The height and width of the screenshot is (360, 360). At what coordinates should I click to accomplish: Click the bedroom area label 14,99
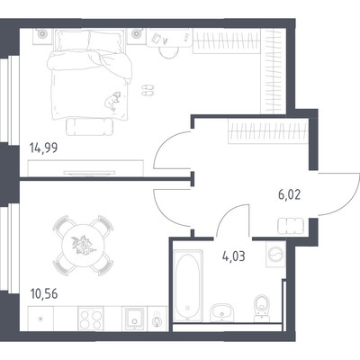coord(43,148)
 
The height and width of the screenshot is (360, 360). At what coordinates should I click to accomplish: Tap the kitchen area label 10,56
coord(44,294)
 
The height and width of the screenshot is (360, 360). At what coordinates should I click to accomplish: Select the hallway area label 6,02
coord(290,195)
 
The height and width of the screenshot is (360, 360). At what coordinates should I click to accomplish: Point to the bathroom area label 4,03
coord(234,256)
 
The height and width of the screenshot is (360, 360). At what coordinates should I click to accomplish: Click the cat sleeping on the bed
coord(112,101)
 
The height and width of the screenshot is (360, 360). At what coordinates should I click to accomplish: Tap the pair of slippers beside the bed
coord(148,90)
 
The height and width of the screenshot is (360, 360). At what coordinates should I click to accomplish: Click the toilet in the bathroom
coord(262,307)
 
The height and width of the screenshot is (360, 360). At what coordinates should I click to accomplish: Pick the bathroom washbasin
coord(221,312)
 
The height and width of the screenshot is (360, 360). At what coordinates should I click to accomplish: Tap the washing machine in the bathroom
coord(275,255)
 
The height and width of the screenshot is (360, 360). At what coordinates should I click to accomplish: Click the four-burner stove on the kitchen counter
coord(90,319)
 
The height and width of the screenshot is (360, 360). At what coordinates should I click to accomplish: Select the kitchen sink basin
coord(135,319)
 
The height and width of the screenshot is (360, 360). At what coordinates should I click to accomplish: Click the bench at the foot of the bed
coord(90,126)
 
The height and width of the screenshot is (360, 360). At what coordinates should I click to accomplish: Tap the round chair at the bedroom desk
coord(168,52)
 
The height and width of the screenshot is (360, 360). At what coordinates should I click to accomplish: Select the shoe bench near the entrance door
coord(291,226)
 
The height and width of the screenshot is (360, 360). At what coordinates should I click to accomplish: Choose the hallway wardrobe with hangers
coord(268,130)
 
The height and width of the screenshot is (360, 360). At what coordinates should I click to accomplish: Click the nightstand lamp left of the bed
coord(43,35)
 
